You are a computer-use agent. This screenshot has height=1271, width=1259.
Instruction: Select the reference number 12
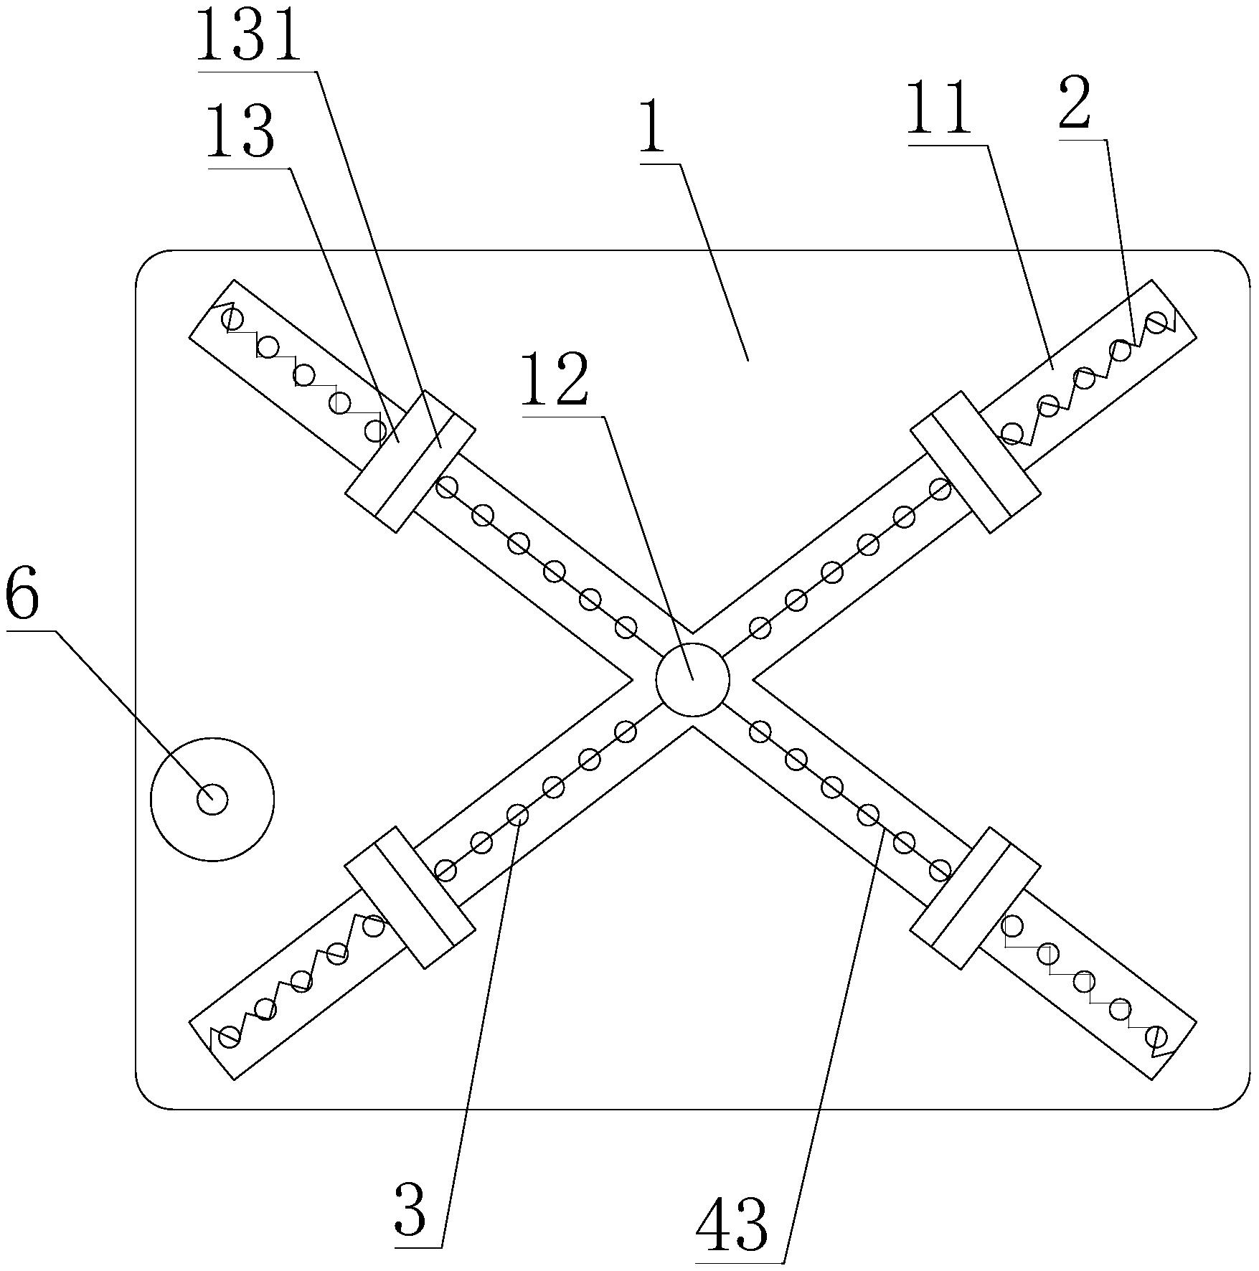[555, 384]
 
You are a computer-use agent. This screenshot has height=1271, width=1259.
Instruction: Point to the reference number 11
[938, 109]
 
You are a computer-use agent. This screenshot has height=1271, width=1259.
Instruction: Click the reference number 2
[1074, 103]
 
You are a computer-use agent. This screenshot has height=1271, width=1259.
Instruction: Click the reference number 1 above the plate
[652, 128]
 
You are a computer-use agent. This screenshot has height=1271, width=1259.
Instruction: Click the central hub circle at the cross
[692, 680]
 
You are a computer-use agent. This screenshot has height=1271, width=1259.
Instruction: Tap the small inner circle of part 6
[212, 799]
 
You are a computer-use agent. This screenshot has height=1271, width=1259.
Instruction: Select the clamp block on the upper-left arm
[410, 461]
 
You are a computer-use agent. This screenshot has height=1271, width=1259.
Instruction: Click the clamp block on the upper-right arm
[975, 461]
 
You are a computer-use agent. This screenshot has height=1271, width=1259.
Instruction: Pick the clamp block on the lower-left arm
[410, 897]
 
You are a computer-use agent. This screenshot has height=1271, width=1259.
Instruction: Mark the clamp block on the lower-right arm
[975, 897]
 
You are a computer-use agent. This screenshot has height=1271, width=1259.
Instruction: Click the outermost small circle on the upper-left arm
[231, 317]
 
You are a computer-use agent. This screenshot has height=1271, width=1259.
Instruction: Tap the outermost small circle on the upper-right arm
[1156, 322]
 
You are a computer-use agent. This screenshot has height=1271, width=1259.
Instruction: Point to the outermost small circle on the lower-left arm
[230, 1037]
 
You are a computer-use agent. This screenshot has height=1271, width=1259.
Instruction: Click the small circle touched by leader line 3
[517, 815]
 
